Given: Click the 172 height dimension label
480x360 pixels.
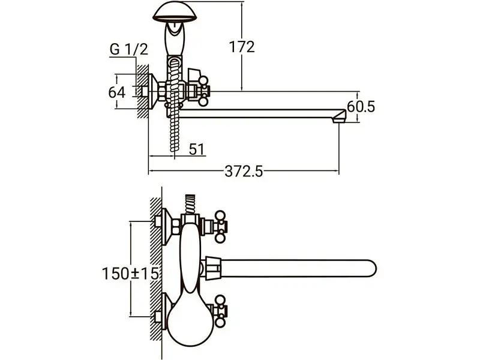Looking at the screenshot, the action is click(x=242, y=47).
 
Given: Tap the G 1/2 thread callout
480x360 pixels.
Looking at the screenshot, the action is click(x=129, y=49).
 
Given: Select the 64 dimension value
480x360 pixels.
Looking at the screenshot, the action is click(x=117, y=92).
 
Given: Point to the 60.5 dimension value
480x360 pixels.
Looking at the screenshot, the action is click(x=361, y=107).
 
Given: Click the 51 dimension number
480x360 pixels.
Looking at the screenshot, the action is click(x=197, y=149).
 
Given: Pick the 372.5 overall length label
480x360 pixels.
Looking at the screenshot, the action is click(x=244, y=172).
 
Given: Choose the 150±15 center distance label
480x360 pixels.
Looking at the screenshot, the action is click(x=131, y=274).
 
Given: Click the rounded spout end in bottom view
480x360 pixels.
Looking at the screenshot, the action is click(x=370, y=268).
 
